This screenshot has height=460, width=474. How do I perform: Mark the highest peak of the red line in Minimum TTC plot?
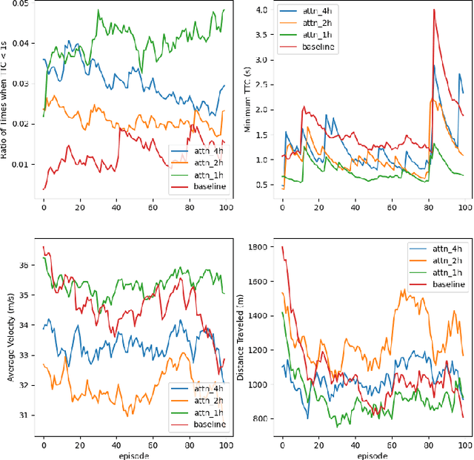click(x=434, y=20)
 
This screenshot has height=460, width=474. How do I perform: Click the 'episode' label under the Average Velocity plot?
click(x=134, y=454)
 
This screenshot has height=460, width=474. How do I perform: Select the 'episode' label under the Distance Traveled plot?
click(x=372, y=454)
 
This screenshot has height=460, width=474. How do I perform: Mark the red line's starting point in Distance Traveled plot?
click(x=282, y=247)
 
